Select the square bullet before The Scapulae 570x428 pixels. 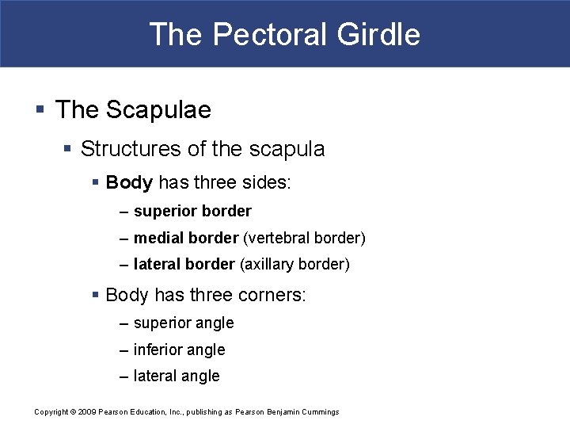(40, 109)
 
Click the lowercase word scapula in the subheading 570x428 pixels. (287, 148)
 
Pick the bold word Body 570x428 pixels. (129, 183)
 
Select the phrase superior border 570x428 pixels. (192, 212)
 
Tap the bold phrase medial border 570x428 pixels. (186, 238)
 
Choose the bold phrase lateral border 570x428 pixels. (184, 264)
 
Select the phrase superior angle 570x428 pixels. (184, 323)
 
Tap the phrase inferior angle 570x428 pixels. (180, 350)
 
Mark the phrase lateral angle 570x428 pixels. (177, 376)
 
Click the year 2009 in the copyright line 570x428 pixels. (87, 411)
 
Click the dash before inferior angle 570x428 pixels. (124, 350)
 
